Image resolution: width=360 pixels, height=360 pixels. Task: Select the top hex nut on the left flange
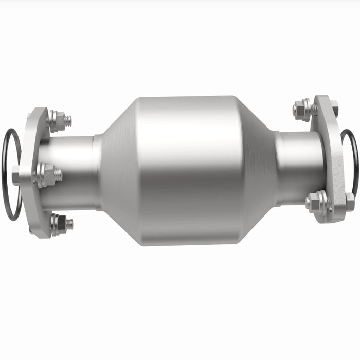click(57, 120)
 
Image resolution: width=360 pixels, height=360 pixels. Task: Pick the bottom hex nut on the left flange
click(59, 224)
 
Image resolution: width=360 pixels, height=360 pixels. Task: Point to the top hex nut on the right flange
click(303, 109)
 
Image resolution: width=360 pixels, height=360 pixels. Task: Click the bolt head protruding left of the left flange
click(16, 175)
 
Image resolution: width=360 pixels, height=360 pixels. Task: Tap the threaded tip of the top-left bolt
click(68, 120)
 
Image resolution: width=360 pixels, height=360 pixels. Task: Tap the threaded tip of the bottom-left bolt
click(69, 224)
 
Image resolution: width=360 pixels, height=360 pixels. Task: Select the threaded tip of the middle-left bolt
click(59, 175)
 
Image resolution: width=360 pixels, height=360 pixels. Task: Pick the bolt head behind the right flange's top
click(334, 109)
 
